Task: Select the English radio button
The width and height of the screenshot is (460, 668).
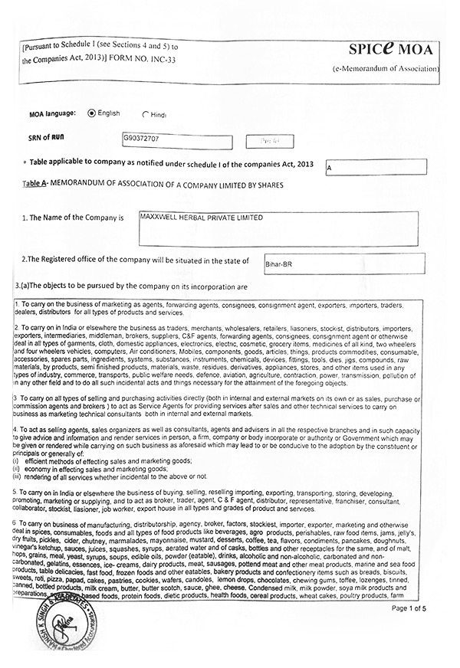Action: click(93, 113)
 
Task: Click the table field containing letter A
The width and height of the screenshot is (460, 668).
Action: click(375, 166)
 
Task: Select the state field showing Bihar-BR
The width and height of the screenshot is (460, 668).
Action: click(343, 264)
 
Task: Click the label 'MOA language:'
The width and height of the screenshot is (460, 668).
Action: click(52, 113)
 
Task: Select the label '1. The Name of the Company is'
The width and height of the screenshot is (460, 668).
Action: click(73, 218)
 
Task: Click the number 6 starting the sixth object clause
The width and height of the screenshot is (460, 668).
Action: click(15, 522)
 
